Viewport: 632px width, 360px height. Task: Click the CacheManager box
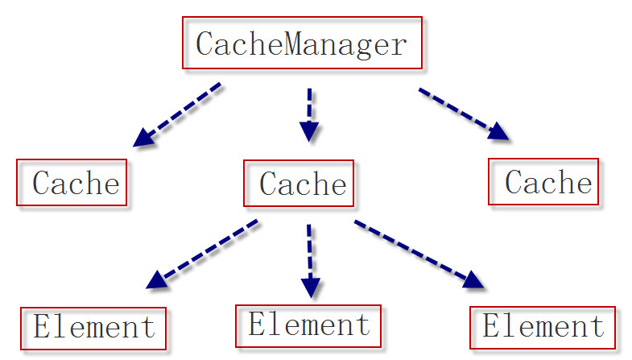pyautogui.click(x=302, y=43)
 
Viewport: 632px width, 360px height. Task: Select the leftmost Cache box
pyautogui.click(x=72, y=184)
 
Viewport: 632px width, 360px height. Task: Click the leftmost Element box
pyautogui.click(x=93, y=329)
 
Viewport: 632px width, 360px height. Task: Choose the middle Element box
pyautogui.click(x=308, y=325)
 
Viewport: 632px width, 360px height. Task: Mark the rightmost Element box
pyautogui.click(x=543, y=326)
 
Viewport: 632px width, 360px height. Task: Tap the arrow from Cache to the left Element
pyautogui.click(x=204, y=254)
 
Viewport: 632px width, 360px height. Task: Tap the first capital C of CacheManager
pyautogui.click(x=204, y=43)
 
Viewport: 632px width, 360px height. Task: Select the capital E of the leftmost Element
pyautogui.click(x=42, y=328)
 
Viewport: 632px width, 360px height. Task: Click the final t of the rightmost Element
pyautogui.click(x=596, y=326)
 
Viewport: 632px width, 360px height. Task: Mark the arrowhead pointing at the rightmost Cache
pyautogui.click(x=499, y=132)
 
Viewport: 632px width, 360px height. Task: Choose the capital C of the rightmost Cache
pyautogui.click(x=514, y=182)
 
